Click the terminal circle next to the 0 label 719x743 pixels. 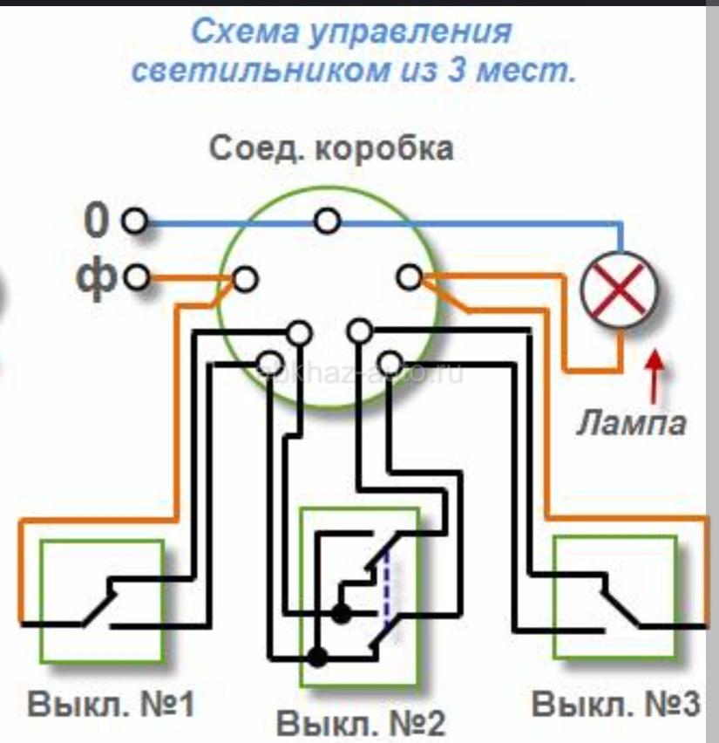pos(134,222)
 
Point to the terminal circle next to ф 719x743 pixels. pos(134,279)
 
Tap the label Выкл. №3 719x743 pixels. pos(615,705)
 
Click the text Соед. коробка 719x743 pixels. pos(331,149)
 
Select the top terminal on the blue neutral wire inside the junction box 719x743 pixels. pos(328,222)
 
